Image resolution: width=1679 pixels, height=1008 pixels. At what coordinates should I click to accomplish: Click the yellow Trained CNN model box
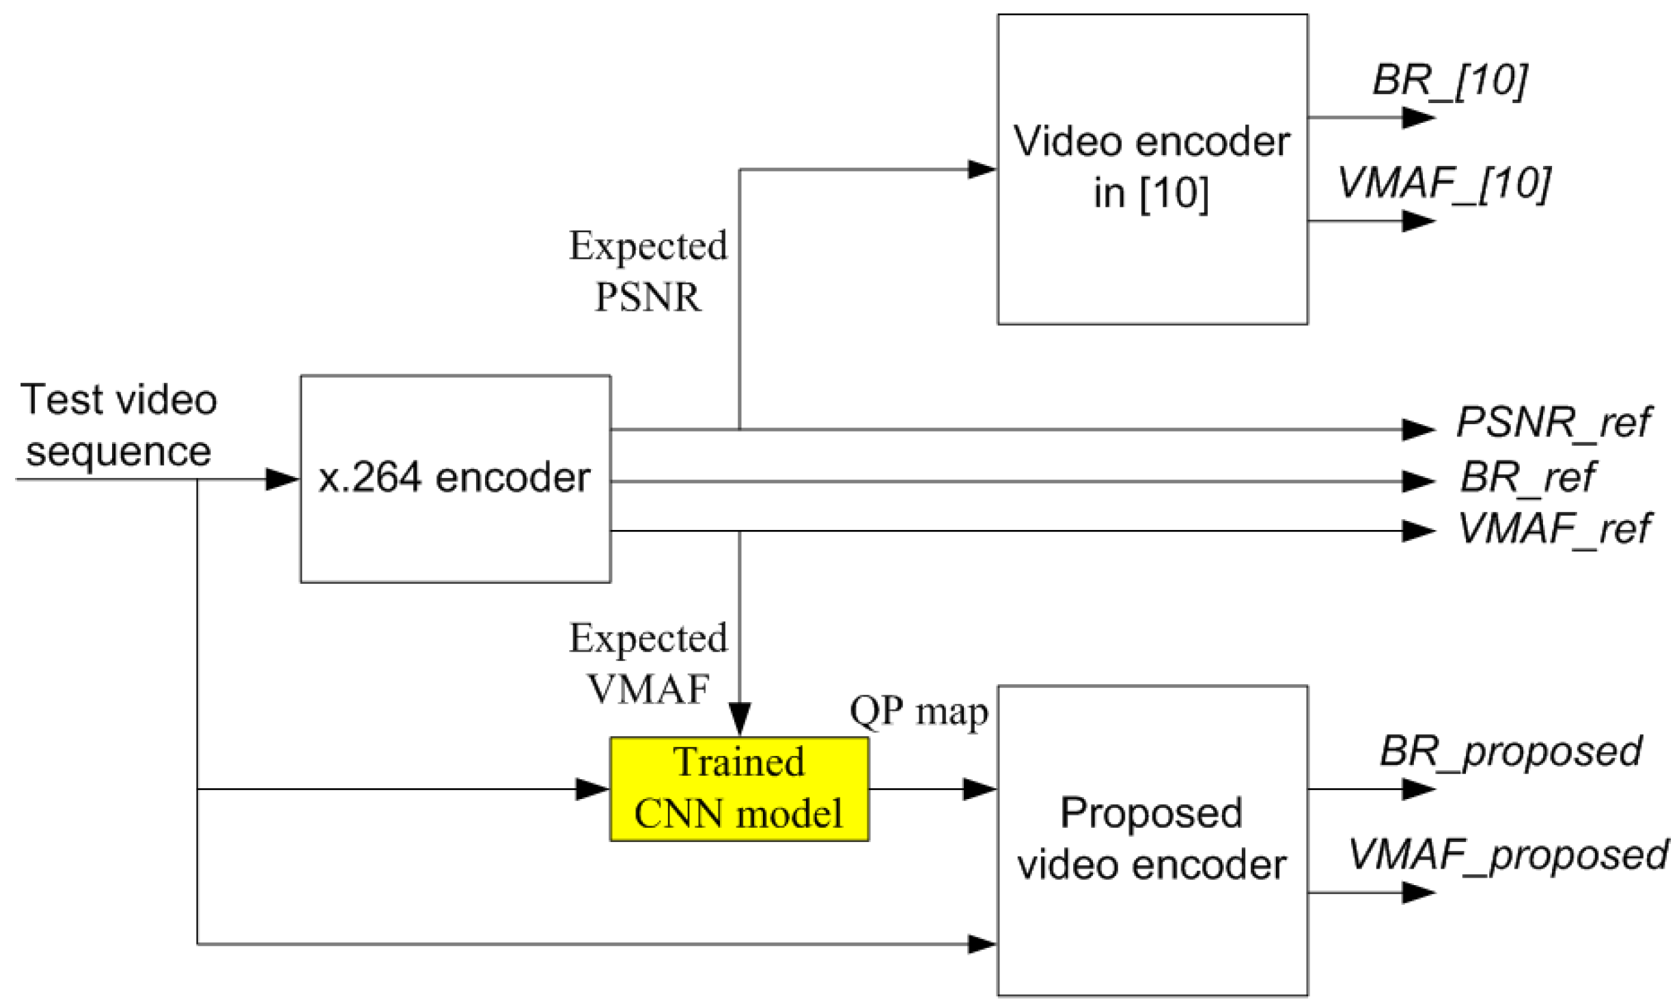point(739,789)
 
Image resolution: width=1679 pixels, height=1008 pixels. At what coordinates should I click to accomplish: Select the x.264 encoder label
point(454,477)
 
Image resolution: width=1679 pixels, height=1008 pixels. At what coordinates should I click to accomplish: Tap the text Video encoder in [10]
point(1152,167)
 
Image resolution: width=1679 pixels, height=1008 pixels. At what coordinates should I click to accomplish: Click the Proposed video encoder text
point(1152,839)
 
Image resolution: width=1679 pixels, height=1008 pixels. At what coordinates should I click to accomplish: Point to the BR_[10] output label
point(1449,81)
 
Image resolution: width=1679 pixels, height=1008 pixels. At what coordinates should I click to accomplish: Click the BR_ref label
point(1527,477)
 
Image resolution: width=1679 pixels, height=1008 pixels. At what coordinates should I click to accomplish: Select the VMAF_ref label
point(1553,528)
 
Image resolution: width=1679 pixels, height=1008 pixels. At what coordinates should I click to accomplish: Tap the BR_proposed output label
point(1510,751)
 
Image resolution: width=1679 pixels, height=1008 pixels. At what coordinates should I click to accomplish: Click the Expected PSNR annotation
point(648,271)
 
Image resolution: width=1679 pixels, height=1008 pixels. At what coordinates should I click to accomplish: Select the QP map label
point(919,711)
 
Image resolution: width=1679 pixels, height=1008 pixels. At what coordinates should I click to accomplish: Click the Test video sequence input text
point(119,425)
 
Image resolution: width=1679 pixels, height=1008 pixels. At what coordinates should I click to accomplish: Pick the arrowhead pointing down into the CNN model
point(740,718)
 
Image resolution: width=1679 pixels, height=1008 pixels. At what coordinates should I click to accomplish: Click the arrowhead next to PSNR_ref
point(1418,430)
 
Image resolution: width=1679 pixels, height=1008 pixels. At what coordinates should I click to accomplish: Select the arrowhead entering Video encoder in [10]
point(982,169)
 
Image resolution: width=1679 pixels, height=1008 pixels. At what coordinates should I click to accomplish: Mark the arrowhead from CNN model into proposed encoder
point(980,789)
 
